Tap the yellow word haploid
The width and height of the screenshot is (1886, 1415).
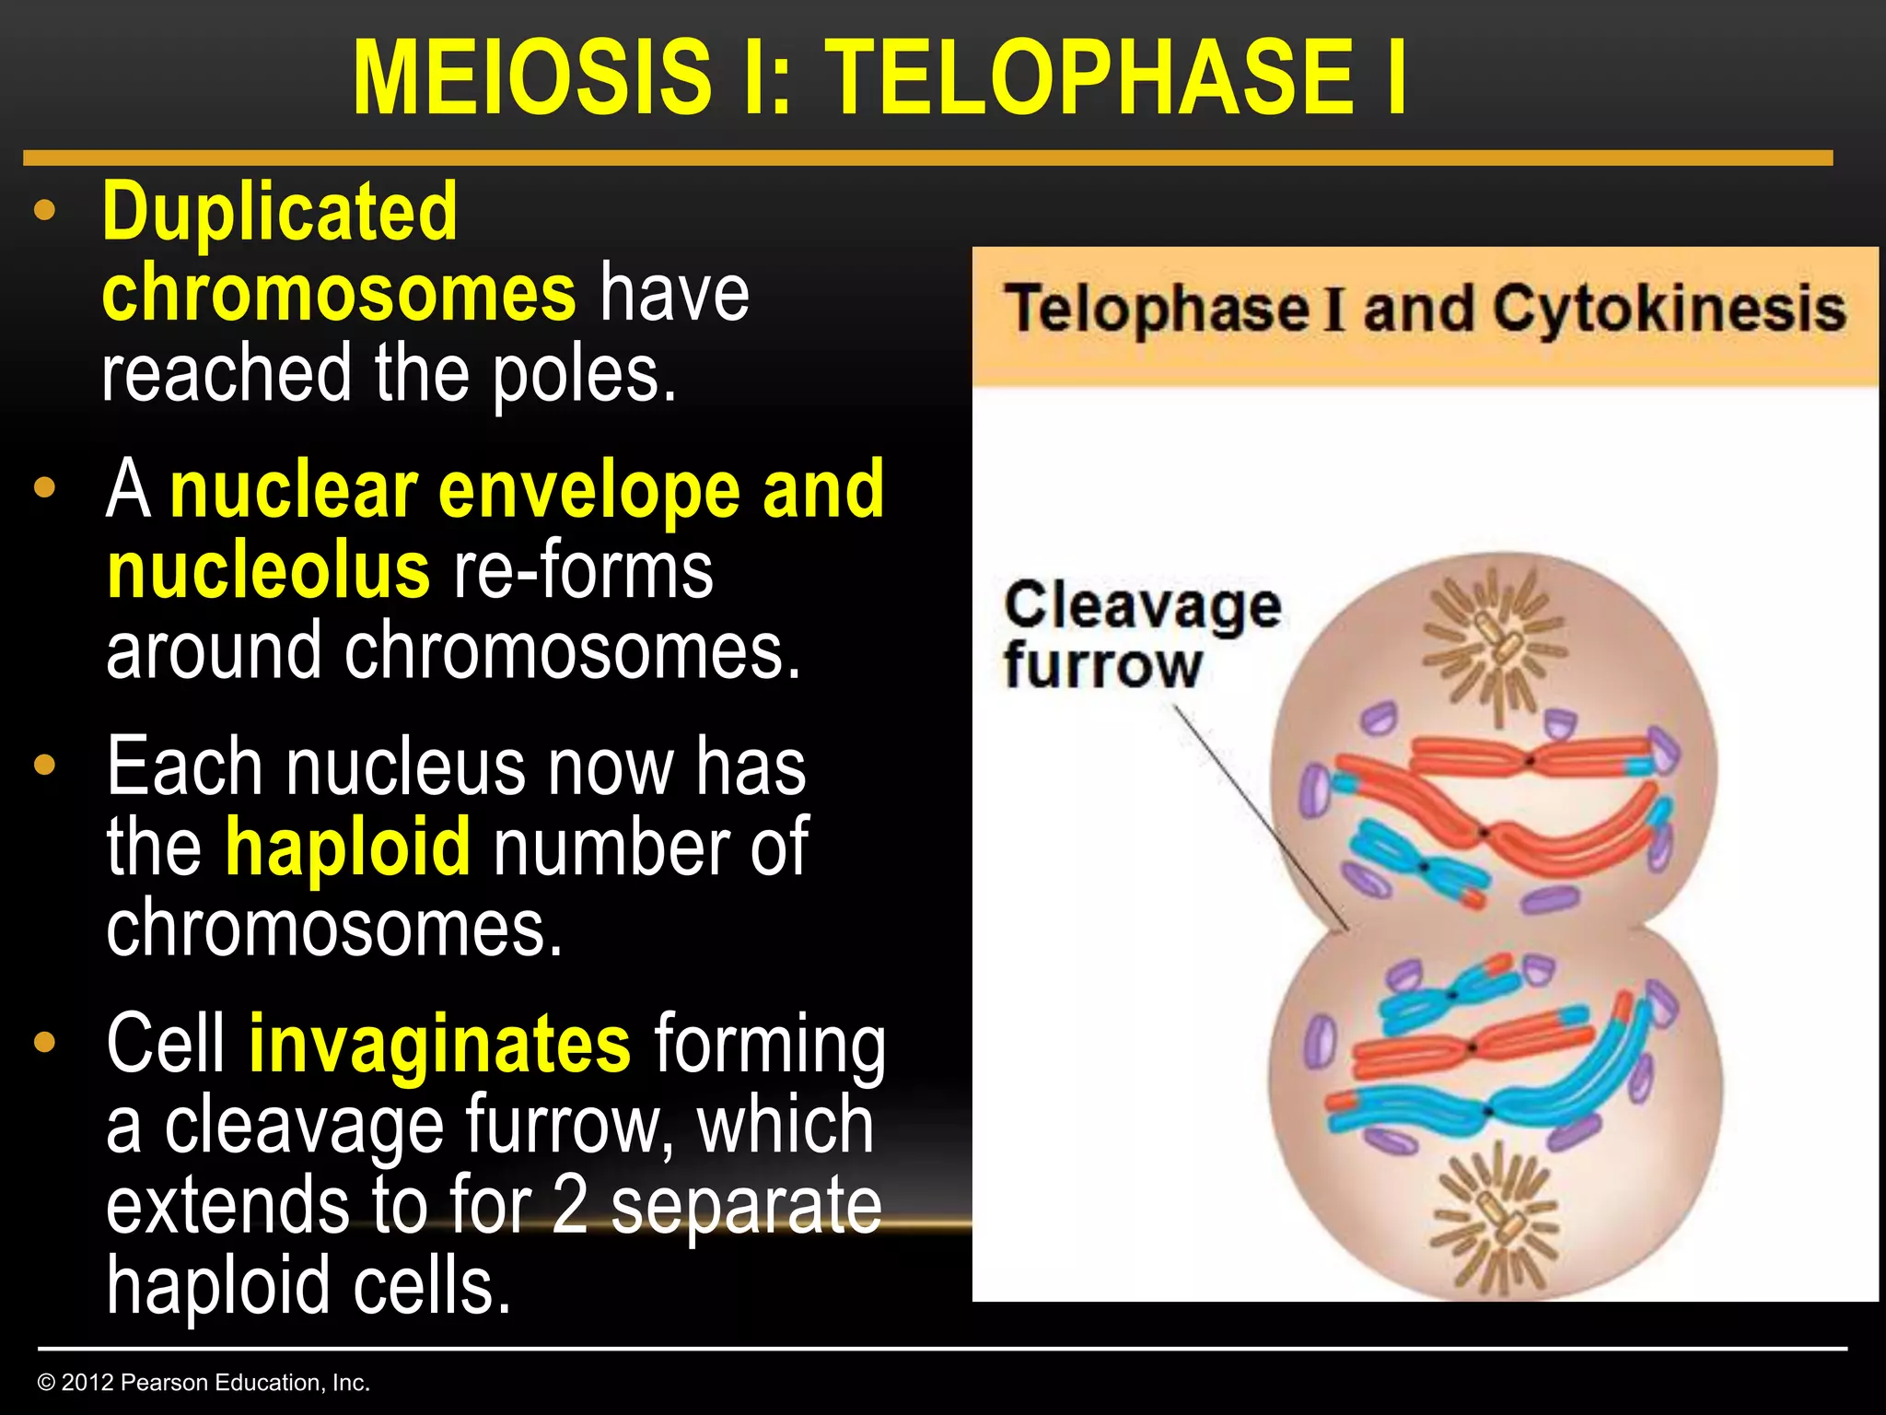click(x=348, y=848)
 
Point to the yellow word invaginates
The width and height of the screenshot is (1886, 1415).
click(x=439, y=1044)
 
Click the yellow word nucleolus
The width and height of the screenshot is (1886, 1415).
click(x=268, y=571)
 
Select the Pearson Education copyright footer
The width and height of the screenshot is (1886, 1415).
click(x=204, y=1382)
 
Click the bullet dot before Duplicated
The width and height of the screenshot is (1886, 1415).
click(x=44, y=211)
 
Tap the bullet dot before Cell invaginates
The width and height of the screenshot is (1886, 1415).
click(x=44, y=1043)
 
